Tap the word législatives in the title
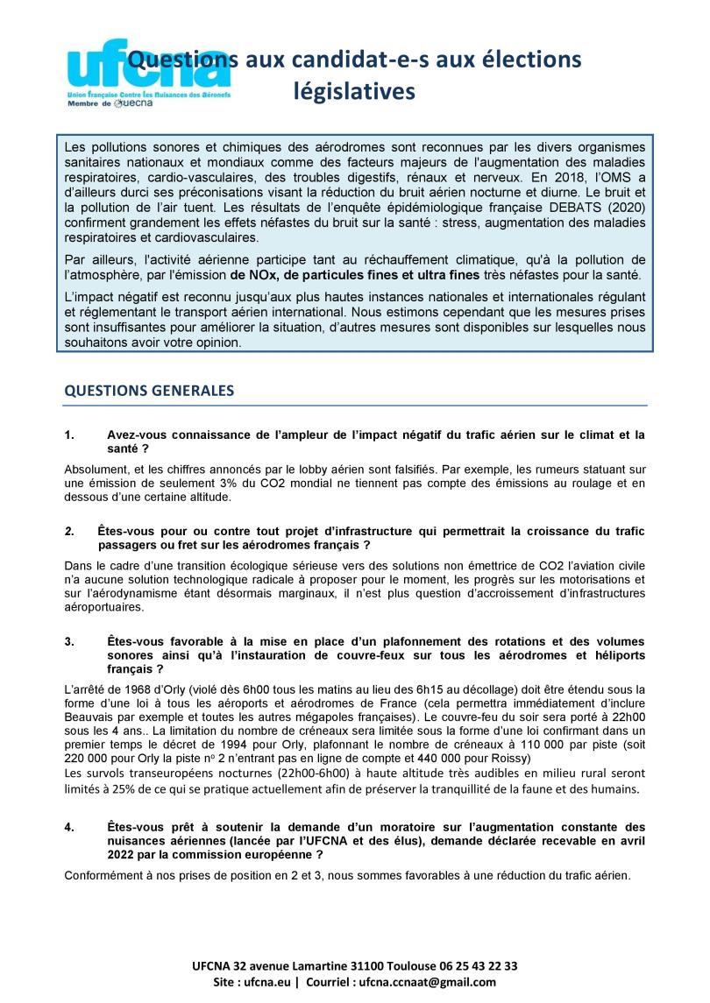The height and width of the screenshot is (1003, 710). point(354,91)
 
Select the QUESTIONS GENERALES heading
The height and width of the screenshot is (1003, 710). point(149,391)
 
